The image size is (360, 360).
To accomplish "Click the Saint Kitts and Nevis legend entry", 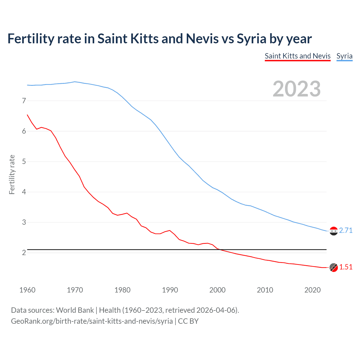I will [298, 56].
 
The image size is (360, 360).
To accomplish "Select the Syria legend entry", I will [344, 56].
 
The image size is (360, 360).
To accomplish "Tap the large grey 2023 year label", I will [297, 89].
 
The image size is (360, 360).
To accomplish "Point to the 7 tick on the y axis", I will [24, 101].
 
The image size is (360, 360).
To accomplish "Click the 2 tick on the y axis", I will [24, 253].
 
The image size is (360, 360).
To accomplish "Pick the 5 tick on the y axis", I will [24, 161].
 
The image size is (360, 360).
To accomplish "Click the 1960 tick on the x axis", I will [27, 290].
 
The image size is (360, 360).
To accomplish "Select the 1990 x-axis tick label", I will [170, 290].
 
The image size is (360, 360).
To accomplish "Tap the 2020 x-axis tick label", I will [312, 290].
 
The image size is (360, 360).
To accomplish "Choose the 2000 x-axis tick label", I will [217, 290].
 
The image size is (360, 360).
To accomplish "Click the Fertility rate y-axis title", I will [12, 174].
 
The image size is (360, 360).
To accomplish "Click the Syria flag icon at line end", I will [334, 231].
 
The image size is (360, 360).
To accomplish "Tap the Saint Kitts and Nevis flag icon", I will [334, 267].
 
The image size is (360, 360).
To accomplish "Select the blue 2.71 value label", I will [346, 231].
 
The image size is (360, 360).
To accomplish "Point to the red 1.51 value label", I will [346, 267].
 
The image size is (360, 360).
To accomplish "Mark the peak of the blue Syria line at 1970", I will [75, 82].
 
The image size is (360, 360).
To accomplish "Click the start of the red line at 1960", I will [27, 115].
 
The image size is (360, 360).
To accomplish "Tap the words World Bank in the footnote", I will [75, 310].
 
